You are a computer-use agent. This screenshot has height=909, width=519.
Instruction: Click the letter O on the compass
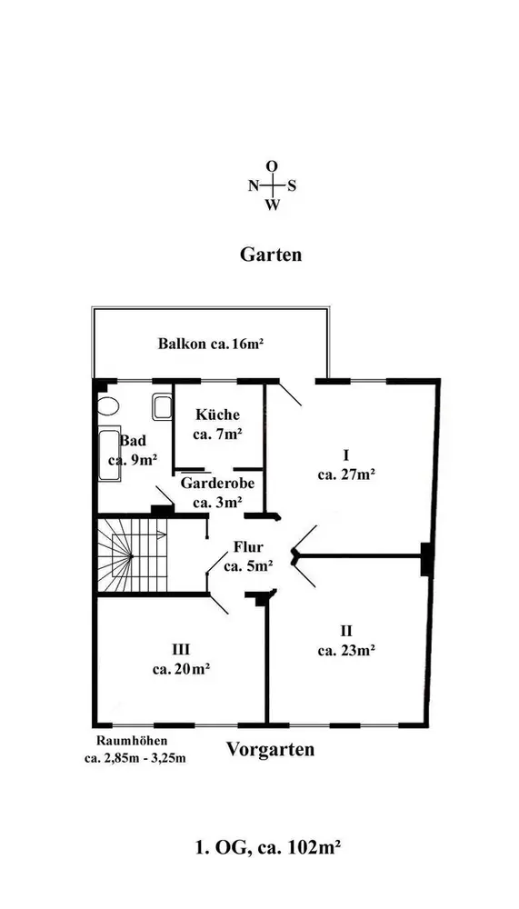click(x=272, y=166)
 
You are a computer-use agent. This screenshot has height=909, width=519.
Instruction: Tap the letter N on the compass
click(x=254, y=186)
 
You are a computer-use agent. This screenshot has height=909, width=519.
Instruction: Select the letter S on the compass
click(x=293, y=186)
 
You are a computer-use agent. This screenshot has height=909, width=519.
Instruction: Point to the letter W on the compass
click(x=273, y=205)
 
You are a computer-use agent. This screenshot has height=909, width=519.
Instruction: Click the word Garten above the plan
click(x=271, y=255)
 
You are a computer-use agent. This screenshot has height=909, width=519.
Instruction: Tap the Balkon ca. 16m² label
click(x=211, y=344)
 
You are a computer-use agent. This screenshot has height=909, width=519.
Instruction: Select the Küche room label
click(x=217, y=415)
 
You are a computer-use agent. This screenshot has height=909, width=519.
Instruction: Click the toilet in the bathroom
click(x=107, y=405)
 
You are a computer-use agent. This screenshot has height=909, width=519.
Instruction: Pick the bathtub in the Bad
click(x=110, y=455)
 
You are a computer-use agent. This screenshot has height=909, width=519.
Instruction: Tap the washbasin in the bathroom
click(x=162, y=406)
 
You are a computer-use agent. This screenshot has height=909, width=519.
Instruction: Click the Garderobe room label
click(x=217, y=483)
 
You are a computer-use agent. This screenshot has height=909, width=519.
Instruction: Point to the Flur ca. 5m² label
click(x=249, y=556)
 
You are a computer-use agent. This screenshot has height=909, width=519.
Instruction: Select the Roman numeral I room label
click(x=345, y=454)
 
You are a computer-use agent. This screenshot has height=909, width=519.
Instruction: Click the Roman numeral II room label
click(x=346, y=630)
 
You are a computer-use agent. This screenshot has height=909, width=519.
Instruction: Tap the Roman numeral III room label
click(x=181, y=649)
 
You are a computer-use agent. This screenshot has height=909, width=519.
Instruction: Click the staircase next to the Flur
click(x=132, y=555)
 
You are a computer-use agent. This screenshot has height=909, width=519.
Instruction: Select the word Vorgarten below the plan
click(x=270, y=749)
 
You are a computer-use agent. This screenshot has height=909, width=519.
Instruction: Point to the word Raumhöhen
click(x=132, y=740)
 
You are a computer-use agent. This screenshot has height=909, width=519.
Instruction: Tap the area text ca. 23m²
click(x=346, y=651)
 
